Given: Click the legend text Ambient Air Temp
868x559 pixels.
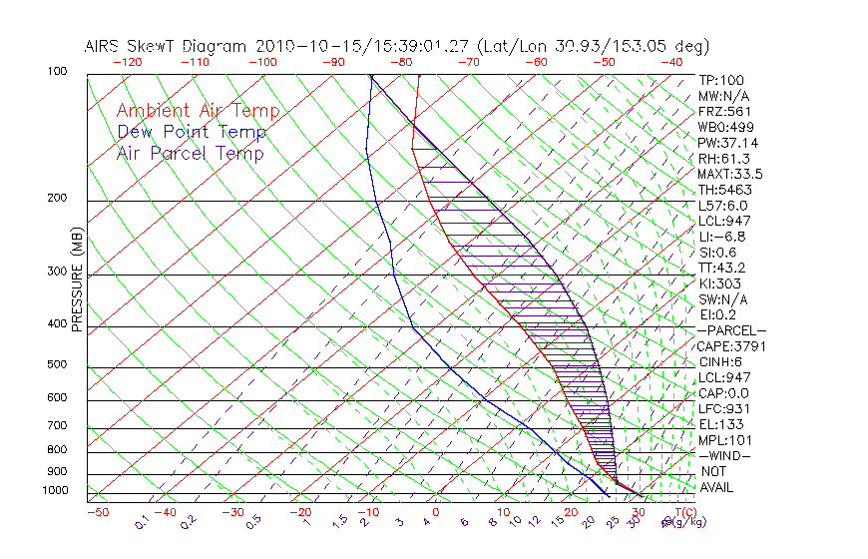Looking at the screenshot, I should [x=198, y=111].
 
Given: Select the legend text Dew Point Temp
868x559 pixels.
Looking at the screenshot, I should [x=192, y=132].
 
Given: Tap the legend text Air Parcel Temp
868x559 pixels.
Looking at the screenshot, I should [x=190, y=153].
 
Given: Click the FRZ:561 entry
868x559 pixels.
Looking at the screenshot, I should [x=724, y=111].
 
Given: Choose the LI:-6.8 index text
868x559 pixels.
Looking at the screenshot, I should [x=722, y=237].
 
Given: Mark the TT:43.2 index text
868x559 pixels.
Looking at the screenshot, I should [x=722, y=268].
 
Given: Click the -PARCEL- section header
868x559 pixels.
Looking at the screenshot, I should [x=731, y=330].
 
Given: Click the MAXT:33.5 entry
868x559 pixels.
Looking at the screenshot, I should [x=730, y=174].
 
